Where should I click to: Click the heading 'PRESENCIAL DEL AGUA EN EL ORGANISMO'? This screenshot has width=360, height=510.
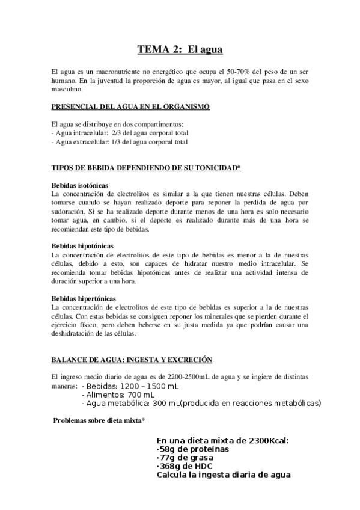coord(130,106)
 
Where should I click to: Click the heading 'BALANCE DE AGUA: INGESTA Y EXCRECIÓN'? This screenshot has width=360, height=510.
coord(132,360)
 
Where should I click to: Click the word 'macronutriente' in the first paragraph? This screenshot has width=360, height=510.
coord(109,72)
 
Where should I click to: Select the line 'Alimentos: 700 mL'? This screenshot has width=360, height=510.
coord(118,394)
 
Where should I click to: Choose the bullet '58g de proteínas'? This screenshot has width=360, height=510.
coord(192,449)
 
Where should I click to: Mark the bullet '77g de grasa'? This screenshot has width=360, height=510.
coord(184,458)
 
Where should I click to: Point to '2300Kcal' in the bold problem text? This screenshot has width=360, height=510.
coord(265,441)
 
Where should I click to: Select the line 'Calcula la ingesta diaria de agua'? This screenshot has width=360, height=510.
coord(224,475)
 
